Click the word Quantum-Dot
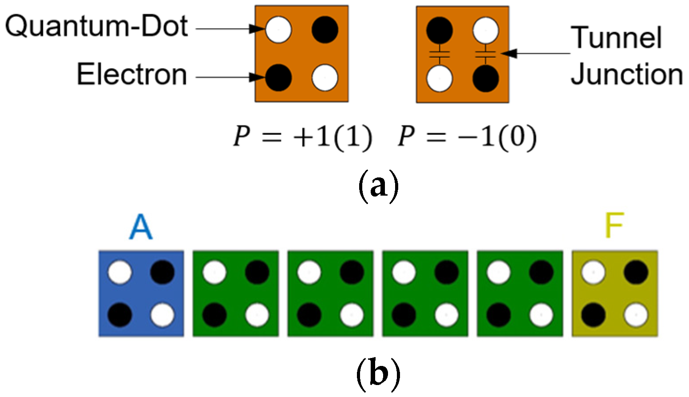[96, 27]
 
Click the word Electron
[132, 74]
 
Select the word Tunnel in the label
[616, 38]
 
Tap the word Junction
[626, 74]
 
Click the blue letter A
[141, 227]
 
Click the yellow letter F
[614, 226]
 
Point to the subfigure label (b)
[378, 374]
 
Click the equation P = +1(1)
[303, 137]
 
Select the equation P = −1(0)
[467, 137]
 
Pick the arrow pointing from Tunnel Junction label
[537, 54]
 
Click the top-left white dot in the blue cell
[120, 272]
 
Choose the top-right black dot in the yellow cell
[636, 272]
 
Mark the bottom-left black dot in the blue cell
[120, 315]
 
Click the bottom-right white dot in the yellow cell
[636, 315]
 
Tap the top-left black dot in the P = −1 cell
[440, 30]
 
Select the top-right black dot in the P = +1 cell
[325, 30]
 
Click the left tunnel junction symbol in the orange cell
[440, 55]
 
